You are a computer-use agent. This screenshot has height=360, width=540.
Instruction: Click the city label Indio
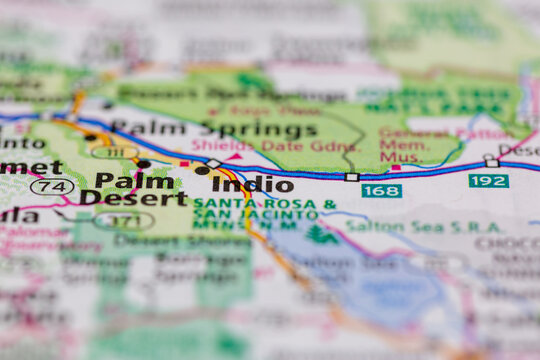pos(253,185)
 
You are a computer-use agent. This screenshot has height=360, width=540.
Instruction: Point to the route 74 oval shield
pos(52,186)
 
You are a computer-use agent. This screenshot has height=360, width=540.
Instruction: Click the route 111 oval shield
pos(114,152)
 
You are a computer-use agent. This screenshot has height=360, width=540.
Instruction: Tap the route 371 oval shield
pos(124,220)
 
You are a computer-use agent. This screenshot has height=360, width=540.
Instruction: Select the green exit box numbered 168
pos(381,190)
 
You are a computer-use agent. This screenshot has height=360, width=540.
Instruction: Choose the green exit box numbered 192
pos(488,181)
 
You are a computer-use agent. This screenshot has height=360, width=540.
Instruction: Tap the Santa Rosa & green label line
pos(265,204)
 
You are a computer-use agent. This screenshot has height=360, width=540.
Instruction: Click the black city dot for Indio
pos(202,170)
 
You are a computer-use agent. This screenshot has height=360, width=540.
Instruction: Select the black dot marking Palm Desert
pos(143,164)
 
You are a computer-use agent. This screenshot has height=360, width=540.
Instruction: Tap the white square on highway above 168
pos(352,177)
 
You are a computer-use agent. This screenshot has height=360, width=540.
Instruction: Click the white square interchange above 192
pos(491,162)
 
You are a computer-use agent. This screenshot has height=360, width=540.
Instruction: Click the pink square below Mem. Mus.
pos(396,169)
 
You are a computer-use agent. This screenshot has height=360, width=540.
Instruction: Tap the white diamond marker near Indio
pos(213,163)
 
